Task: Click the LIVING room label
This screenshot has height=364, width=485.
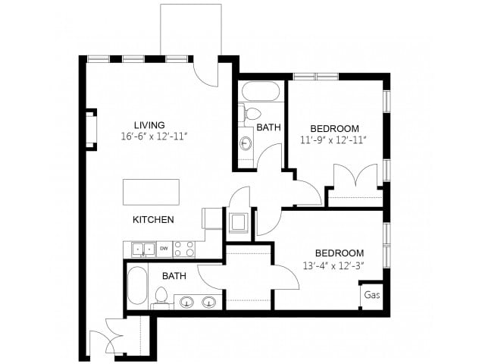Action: (x=149, y=125)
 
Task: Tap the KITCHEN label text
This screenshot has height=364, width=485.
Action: (x=154, y=220)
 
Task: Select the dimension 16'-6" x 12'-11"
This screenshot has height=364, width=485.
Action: (x=154, y=136)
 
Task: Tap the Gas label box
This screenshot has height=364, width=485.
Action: (x=371, y=295)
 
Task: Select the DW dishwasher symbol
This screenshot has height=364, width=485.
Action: (x=163, y=248)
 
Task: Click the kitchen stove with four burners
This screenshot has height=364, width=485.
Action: (x=183, y=249)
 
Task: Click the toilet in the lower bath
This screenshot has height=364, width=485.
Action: (x=161, y=297)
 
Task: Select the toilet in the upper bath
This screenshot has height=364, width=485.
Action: (x=250, y=115)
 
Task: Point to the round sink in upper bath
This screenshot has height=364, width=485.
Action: (x=246, y=143)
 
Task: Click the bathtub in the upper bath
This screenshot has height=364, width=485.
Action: (x=261, y=92)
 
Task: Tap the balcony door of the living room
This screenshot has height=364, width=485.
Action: (x=205, y=72)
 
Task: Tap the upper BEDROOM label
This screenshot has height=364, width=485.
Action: (x=334, y=128)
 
